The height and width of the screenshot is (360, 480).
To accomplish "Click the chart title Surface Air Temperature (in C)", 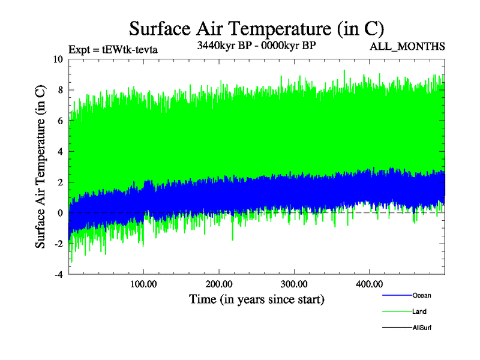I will coord(256,29).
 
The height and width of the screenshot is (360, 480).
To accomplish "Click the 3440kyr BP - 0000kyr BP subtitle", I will coord(256,45).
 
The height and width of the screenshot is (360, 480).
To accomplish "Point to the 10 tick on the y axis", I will coord(58,59).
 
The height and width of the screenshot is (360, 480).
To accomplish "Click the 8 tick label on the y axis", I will coord(60,90).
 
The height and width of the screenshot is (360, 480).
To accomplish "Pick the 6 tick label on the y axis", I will coord(60,121).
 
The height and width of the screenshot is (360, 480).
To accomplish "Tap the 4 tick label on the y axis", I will coord(60,152).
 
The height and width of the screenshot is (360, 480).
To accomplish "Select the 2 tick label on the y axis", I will coord(60,182).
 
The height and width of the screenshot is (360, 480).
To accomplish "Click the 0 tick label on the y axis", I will coord(60,213).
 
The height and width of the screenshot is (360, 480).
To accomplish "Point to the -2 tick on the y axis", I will coord(58,244).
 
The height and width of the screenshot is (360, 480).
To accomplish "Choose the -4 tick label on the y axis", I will coord(58,275).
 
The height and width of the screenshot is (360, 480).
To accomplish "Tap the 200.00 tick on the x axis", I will coord(218,284).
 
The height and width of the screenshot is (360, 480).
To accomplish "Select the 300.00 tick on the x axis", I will coord(293,284).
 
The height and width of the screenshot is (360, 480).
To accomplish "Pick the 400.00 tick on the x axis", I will coord(368,284).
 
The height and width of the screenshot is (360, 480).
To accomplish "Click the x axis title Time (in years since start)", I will coord(256,299).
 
